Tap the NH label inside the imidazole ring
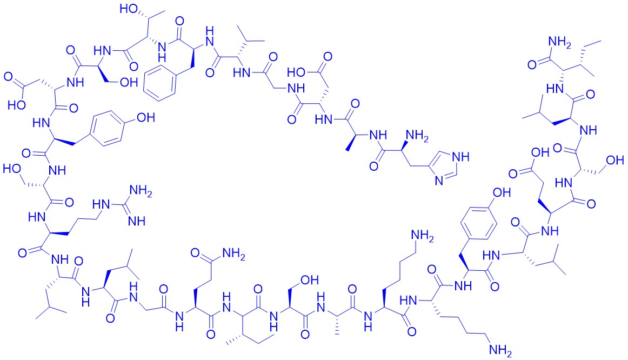pyautogui.click(x=460, y=157)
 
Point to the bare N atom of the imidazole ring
pyautogui.click(x=439, y=180)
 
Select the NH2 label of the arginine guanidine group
pyautogui.click(x=141, y=191)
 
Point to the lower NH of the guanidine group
pyautogui.click(x=137, y=221)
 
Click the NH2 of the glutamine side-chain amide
pyautogui.click(x=234, y=254)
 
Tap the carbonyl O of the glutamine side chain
pyautogui.click(x=195, y=252)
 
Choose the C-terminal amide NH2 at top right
pyautogui.click(x=559, y=42)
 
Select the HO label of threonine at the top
pyautogui.click(x=129, y=8)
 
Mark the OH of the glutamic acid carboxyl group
pyautogui.click(x=540, y=152)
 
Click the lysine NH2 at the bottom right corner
pyautogui.click(x=500, y=350)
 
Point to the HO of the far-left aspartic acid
pyautogui.click(x=17, y=105)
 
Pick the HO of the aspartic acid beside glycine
pyautogui.click(x=297, y=72)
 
